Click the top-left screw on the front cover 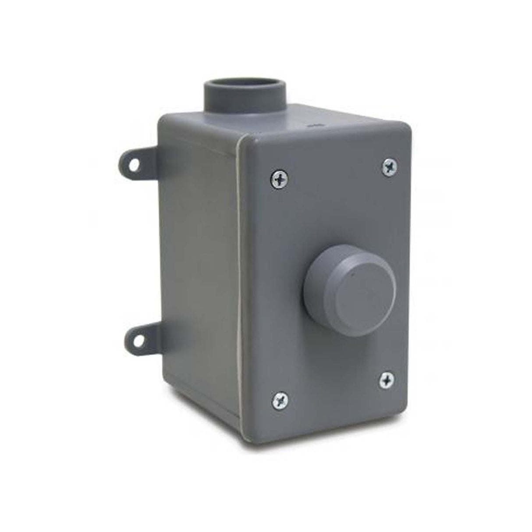click(x=278, y=178)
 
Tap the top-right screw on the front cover click(x=389, y=166)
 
